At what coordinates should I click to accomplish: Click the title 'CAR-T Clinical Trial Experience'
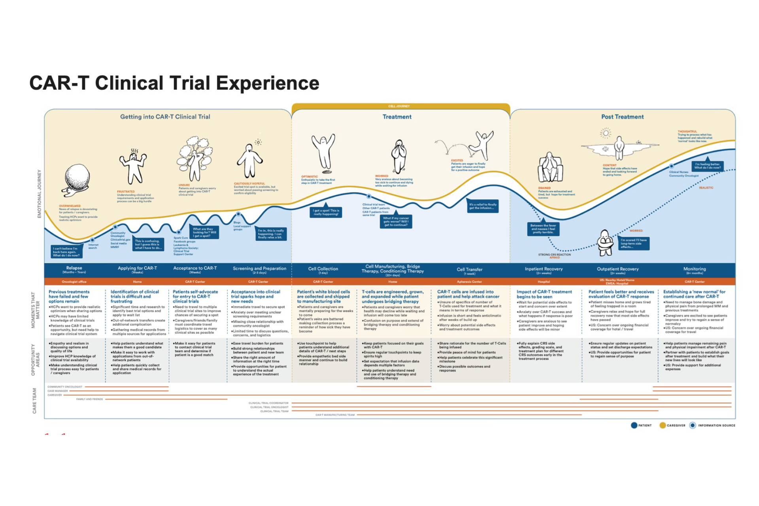pyautogui.click(x=174, y=83)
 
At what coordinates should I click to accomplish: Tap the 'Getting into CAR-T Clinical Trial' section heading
pyautogui.click(x=165, y=117)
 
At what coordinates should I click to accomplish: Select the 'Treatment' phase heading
pyautogui.click(x=397, y=117)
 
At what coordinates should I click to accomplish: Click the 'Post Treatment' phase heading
pyautogui.click(x=622, y=117)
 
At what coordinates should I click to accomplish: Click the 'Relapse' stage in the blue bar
pyautogui.click(x=74, y=268)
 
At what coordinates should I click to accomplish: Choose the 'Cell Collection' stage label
pyautogui.click(x=323, y=269)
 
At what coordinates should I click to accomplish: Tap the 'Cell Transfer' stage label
pyautogui.click(x=470, y=270)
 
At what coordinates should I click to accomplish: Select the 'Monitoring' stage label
pyautogui.click(x=695, y=269)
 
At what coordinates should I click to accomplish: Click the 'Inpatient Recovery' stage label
pyautogui.click(x=544, y=269)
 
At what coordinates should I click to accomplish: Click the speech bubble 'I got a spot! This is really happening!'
pyautogui.click(x=326, y=212)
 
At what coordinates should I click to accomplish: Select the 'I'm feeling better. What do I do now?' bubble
pyautogui.click(x=707, y=166)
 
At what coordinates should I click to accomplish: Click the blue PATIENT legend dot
pyautogui.click(x=634, y=425)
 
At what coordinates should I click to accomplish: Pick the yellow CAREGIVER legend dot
pyautogui.click(x=663, y=425)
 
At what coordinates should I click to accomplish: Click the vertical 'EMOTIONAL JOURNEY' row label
pyautogui.click(x=39, y=194)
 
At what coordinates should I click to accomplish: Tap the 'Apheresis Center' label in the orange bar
pyautogui.click(x=469, y=282)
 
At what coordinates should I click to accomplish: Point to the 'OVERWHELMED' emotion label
pyautogui.click(x=70, y=206)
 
